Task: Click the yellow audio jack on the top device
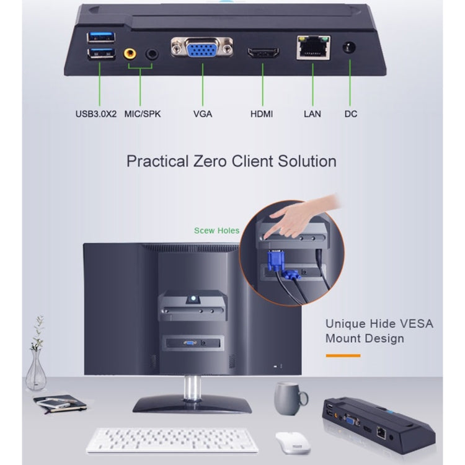[130, 54]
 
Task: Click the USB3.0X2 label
[97, 114]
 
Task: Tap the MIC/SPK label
[141, 114]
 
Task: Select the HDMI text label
[262, 114]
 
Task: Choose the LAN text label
[312, 114]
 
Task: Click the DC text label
[351, 114]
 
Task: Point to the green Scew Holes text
[216, 231]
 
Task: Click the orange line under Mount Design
[343, 355]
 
